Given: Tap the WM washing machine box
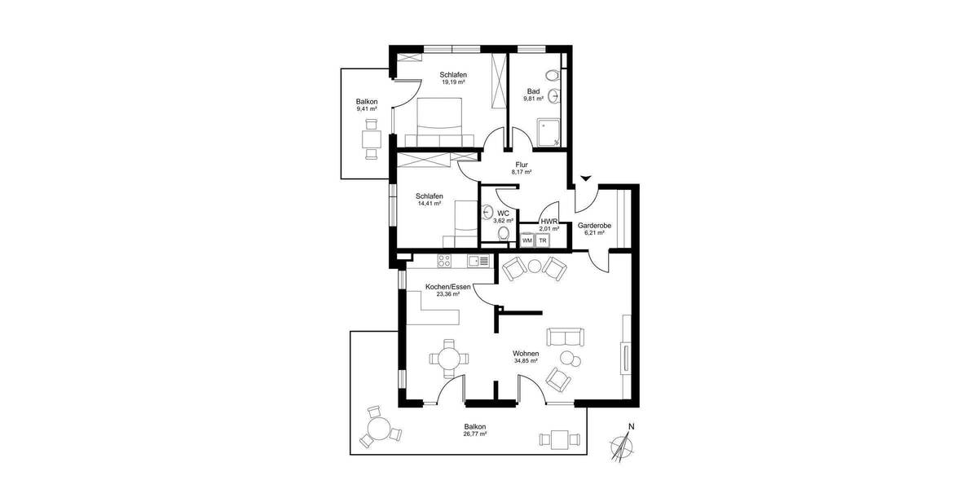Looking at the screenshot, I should [x=527, y=240].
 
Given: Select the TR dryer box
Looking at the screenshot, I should [x=542, y=240].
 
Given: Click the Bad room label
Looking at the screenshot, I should [x=534, y=91].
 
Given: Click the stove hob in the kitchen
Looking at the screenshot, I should [x=445, y=261].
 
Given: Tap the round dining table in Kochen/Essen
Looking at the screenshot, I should [x=449, y=357].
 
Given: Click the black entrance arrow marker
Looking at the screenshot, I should [x=585, y=178].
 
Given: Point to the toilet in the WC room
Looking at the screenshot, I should [x=503, y=234].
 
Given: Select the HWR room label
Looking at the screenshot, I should [x=549, y=221].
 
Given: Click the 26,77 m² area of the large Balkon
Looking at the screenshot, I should [x=475, y=434].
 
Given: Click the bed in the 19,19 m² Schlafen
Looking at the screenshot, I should [x=440, y=121].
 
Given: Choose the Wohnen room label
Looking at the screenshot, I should [x=526, y=354].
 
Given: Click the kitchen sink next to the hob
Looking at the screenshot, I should [x=482, y=261].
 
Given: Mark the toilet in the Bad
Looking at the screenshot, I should [x=554, y=76].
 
